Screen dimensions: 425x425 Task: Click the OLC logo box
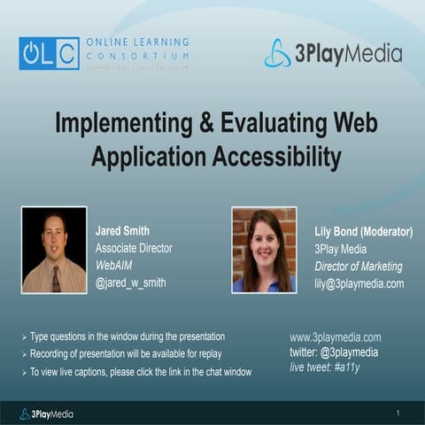49,53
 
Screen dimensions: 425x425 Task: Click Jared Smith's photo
54,251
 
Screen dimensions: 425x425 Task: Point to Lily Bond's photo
264,250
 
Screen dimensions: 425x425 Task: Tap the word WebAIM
116,266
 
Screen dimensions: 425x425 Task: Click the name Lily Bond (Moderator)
364,232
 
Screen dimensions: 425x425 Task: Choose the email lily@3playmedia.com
359,283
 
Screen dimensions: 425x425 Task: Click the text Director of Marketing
358,267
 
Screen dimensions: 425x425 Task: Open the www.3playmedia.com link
335,337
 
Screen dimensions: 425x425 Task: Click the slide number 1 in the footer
398,413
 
